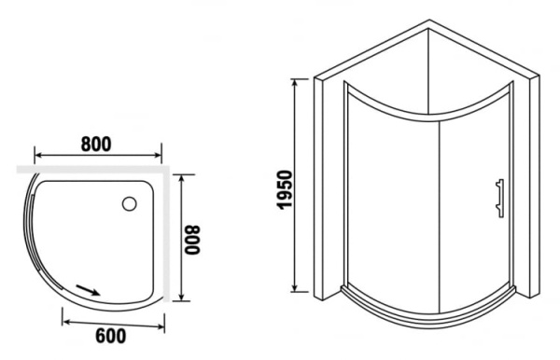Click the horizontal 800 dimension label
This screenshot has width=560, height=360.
pyautogui.click(x=96, y=145)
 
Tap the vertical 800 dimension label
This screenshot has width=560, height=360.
pyautogui.click(x=192, y=240)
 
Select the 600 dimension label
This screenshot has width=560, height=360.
pyautogui.click(x=111, y=336)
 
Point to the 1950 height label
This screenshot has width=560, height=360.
pyautogui.click(x=285, y=189)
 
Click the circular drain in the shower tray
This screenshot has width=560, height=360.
pyautogui.click(x=130, y=203)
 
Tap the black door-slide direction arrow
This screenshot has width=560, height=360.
pyautogui.click(x=88, y=290)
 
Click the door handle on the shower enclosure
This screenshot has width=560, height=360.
pyautogui.click(x=500, y=199)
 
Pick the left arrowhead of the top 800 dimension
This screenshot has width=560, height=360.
pyautogui.click(x=38, y=155)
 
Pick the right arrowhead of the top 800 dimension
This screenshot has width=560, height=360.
pyautogui.click(x=158, y=155)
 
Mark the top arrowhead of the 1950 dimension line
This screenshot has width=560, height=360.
pyautogui.click(x=295, y=83)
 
